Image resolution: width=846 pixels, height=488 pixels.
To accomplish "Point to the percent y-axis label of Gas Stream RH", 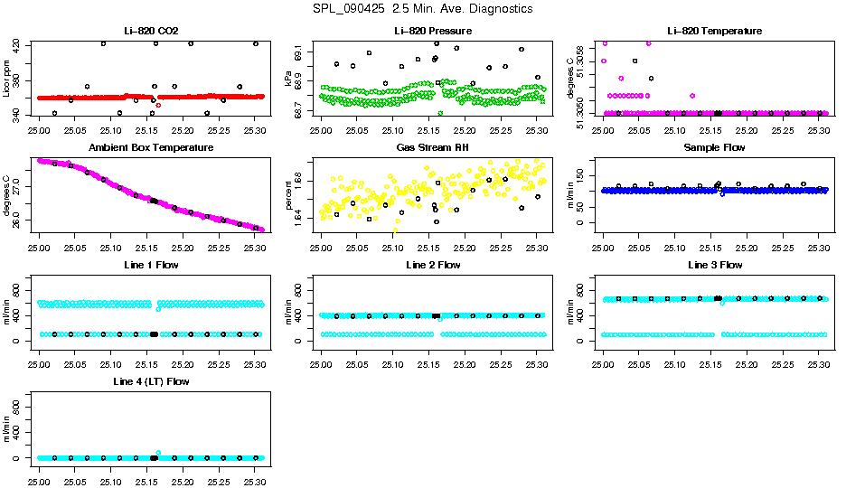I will [289, 196].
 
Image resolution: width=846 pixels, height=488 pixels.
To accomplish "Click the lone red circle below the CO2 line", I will [158, 105].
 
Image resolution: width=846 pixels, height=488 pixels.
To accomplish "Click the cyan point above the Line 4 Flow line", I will [158, 452].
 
